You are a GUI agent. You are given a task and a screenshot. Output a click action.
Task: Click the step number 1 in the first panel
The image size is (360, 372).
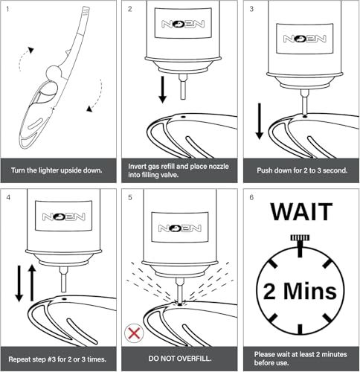click(7, 10)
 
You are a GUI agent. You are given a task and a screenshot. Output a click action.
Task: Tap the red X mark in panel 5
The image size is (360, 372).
click(134, 333)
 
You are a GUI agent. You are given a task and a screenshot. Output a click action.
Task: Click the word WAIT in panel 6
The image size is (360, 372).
click(301, 212)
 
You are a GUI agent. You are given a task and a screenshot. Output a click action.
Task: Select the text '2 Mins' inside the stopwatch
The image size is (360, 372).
click(300, 291)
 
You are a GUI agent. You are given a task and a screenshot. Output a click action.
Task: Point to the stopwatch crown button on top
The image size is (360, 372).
click(300, 238)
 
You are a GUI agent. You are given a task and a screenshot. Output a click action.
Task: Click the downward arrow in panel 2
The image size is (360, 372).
click(162, 89)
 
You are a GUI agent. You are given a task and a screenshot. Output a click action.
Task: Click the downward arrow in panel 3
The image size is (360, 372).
click(260, 121)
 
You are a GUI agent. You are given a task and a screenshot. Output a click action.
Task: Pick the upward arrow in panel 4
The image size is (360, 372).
click(32, 283)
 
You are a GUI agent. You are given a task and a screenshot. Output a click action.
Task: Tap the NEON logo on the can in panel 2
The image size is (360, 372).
click(183, 24)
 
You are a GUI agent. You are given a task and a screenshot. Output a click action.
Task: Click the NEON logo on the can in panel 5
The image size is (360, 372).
click(180, 228)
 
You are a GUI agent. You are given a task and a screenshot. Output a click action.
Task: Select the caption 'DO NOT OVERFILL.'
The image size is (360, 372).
click(180, 359)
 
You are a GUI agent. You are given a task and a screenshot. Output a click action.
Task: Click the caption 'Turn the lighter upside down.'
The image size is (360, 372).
click(57, 170)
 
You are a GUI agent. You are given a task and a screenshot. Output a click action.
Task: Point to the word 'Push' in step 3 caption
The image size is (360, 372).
click(264, 170)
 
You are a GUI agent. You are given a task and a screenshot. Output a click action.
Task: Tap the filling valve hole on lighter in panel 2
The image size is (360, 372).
click(183, 117)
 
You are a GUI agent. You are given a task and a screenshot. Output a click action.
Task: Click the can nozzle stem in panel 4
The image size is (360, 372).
click(63, 280)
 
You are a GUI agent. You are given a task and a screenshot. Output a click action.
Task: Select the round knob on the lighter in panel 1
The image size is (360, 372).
click(54, 73)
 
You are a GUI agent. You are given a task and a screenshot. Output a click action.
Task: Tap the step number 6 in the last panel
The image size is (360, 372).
click(251, 198)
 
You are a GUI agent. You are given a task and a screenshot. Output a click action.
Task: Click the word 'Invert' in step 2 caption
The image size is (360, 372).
click(136, 166)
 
